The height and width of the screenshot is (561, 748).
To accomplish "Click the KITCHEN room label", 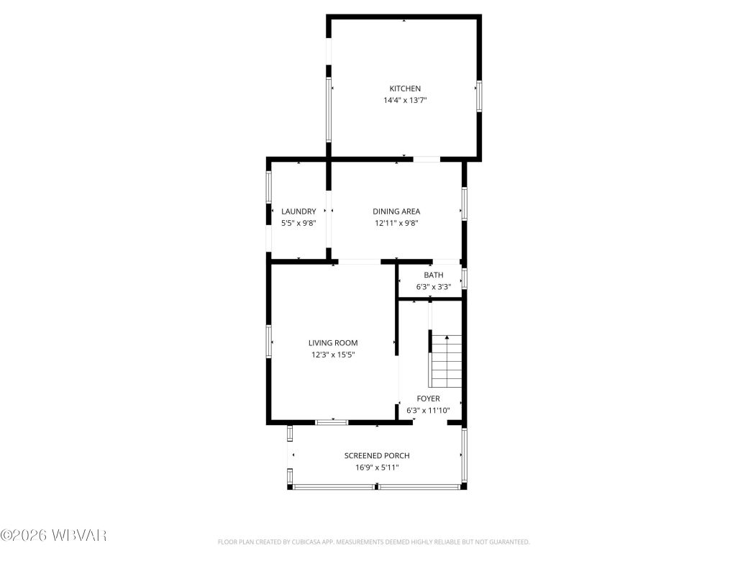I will [405, 88].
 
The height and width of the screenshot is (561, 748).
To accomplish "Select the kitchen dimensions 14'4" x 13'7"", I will [405, 101].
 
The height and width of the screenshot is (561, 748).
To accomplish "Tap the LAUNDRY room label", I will [298, 211].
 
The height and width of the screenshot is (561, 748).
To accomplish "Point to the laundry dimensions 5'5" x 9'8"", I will [298, 223].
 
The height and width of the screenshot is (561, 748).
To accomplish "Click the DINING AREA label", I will [396, 211].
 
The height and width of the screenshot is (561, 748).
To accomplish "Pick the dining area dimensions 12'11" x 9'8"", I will [396, 223].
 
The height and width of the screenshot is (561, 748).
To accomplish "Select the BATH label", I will [433, 275].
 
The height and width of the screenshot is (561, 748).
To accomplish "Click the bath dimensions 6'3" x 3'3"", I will [433, 287].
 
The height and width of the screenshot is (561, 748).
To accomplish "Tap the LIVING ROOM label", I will [333, 343].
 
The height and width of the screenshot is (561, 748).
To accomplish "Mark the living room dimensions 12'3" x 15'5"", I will [333, 355].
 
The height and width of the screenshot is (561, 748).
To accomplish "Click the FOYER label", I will [428, 398].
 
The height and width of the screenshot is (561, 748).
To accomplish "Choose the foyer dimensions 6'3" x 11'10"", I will [428, 411].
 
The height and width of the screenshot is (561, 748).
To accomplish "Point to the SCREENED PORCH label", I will [377, 455].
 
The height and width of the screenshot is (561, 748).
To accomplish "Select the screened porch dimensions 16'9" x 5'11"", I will [377, 467].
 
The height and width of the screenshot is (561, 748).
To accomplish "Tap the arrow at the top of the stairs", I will [446, 337].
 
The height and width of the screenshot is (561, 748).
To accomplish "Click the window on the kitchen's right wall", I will [478, 96].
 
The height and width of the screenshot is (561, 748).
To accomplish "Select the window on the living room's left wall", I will [270, 341].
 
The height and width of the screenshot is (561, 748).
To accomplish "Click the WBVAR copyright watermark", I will [54, 535].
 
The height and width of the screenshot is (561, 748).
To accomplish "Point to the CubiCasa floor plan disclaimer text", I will [373, 542].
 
